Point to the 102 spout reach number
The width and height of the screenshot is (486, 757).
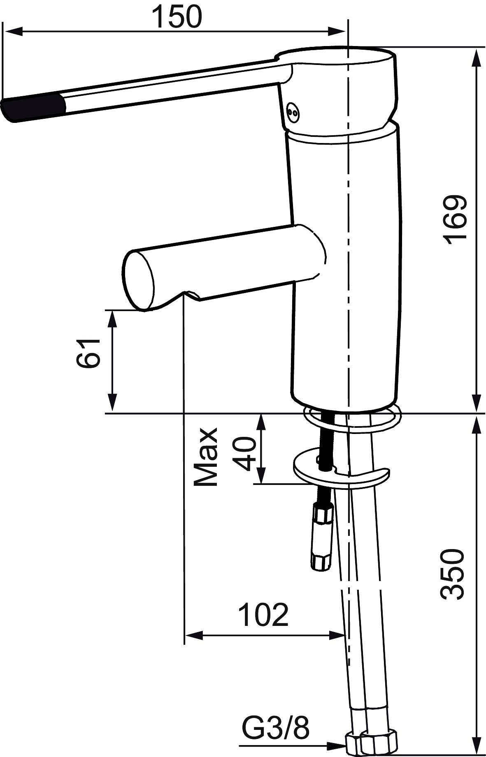pos(263,615)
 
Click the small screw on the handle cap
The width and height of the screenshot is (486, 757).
pos(293,111)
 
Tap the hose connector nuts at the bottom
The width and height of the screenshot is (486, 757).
pos(372,743)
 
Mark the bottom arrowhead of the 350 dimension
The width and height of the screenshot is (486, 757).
pos(477,746)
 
